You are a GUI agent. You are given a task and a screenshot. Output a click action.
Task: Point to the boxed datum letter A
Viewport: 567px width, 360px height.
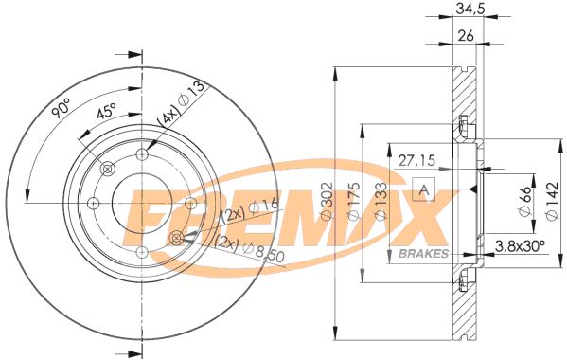coord(424,187)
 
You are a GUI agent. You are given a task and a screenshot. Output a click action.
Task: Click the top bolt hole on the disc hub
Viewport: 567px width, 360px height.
coord(142,155)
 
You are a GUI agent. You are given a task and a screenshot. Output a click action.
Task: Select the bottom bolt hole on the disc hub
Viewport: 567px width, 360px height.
coord(141,252)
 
